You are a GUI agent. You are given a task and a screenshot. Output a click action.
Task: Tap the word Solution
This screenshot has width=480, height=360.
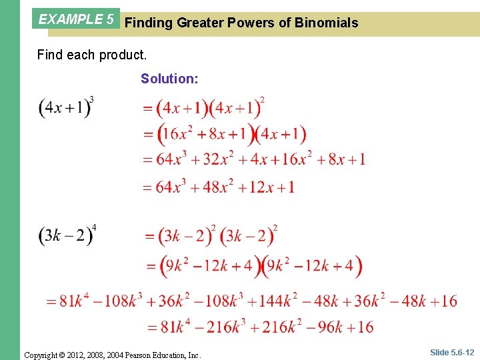pos(169,79)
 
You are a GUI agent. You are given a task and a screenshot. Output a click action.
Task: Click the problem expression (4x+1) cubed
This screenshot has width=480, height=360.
pos(65,108)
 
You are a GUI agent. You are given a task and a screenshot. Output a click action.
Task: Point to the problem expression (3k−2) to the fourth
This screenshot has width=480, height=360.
pos(67,237)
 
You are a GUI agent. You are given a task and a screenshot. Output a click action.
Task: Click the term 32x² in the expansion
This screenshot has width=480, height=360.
pos(217,159)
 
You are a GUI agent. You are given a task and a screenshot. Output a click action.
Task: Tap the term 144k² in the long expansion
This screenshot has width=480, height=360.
pos(275,301)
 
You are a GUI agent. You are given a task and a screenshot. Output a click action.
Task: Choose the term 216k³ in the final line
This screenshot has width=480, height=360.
pos(220,327)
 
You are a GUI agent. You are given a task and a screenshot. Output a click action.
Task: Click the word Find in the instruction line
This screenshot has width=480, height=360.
pos(50,55)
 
